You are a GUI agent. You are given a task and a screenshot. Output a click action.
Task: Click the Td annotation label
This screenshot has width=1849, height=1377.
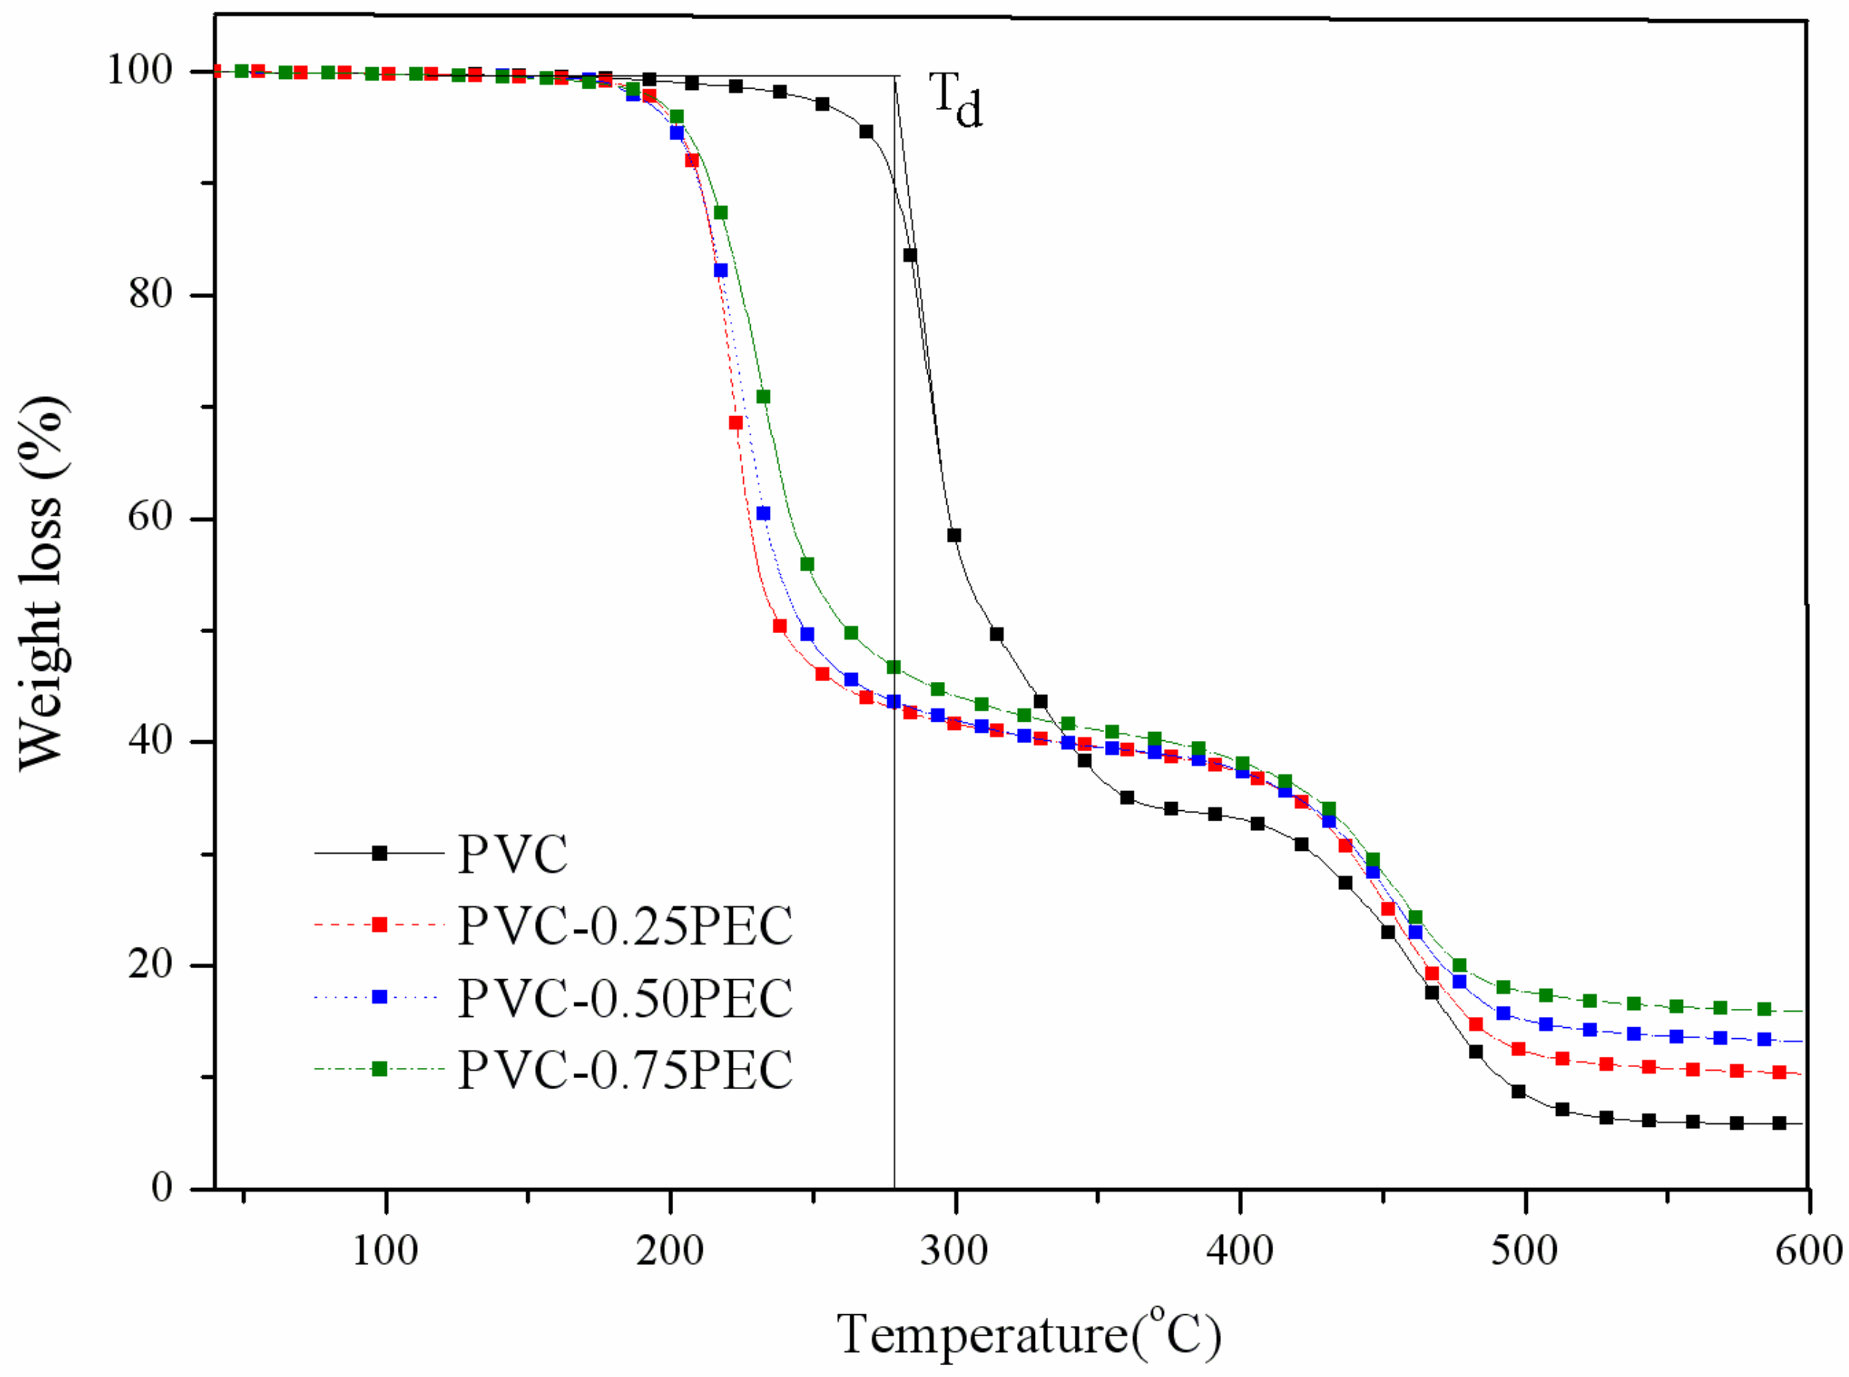point(955,100)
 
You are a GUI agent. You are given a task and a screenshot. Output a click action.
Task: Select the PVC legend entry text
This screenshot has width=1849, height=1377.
point(513,854)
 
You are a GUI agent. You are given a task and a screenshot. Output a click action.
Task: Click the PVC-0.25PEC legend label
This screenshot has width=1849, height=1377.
point(625,925)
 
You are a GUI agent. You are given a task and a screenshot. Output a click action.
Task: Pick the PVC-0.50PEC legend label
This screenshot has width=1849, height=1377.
point(625,997)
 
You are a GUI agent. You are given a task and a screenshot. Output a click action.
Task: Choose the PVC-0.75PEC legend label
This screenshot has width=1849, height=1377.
point(625,1069)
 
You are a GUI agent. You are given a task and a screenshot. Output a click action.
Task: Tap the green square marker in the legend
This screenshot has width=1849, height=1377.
point(379,1069)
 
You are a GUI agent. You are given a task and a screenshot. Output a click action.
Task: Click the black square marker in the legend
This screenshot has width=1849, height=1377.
point(379,854)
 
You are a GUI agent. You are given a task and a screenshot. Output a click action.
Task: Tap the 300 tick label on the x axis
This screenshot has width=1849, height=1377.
point(954,1250)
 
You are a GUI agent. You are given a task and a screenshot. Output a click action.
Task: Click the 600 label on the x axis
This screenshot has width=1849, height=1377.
point(1808,1250)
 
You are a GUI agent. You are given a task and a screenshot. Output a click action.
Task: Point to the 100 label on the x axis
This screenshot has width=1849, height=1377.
point(385,1250)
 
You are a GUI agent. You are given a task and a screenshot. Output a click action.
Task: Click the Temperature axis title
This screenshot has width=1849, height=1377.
point(1029,1333)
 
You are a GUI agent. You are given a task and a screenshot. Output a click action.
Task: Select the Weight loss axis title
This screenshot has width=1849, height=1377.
point(41,584)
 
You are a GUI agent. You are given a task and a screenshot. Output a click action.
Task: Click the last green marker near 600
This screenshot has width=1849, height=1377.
point(1764,1010)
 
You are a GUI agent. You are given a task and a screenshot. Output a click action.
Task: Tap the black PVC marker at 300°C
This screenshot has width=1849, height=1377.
point(954,535)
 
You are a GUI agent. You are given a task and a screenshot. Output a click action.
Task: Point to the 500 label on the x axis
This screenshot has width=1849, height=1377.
point(1525,1250)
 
